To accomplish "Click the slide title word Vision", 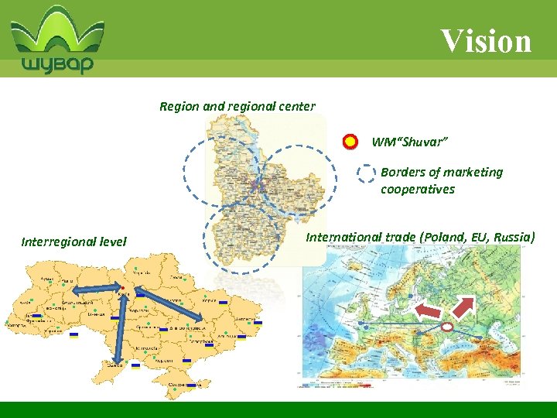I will click(x=487, y=40).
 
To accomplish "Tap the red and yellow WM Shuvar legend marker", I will click(x=350, y=142).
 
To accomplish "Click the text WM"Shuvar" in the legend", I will click(x=409, y=142).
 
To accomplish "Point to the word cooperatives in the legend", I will click(x=418, y=190).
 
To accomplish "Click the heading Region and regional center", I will click(x=237, y=106).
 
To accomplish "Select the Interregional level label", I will click(x=73, y=242).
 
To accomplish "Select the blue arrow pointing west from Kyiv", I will click(x=87, y=290).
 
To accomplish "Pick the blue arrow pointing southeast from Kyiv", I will click(x=169, y=303).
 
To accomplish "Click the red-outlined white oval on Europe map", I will click(x=446, y=328).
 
